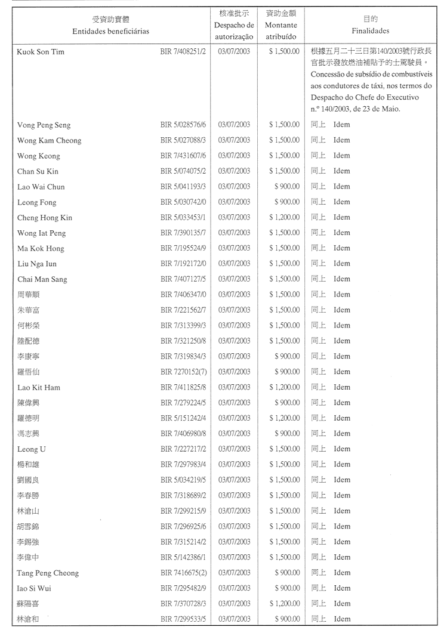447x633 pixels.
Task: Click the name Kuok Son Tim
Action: [41, 52]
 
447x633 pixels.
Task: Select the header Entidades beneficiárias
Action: [110, 30]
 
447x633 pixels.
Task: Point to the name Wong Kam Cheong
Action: [49, 141]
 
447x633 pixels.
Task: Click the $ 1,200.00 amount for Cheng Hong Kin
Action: [284, 218]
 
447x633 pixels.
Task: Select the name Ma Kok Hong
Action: [41, 248]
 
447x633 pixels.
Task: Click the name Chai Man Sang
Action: [42, 279]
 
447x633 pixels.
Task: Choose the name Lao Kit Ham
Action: [39, 387]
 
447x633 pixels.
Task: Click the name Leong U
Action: [32, 449]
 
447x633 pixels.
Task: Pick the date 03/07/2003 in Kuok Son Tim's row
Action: [234, 52]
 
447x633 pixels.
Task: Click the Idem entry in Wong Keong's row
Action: [341, 156]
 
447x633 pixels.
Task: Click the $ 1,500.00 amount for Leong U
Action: [284, 449]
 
